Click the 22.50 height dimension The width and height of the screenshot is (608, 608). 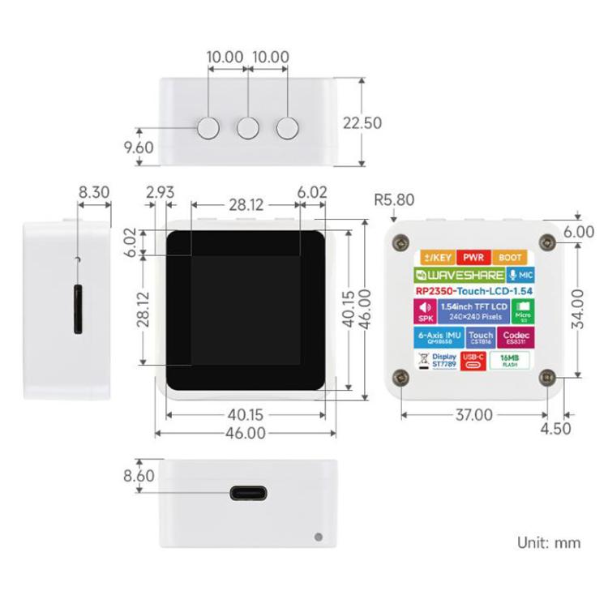(362, 123)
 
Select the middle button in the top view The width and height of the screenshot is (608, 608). (247, 127)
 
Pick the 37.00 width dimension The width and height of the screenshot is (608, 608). (473, 414)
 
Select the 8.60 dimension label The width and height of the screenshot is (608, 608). (139, 476)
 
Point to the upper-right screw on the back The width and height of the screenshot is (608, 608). (549, 244)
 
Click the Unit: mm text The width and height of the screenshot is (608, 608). (549, 542)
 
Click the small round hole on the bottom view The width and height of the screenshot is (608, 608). (317, 536)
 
